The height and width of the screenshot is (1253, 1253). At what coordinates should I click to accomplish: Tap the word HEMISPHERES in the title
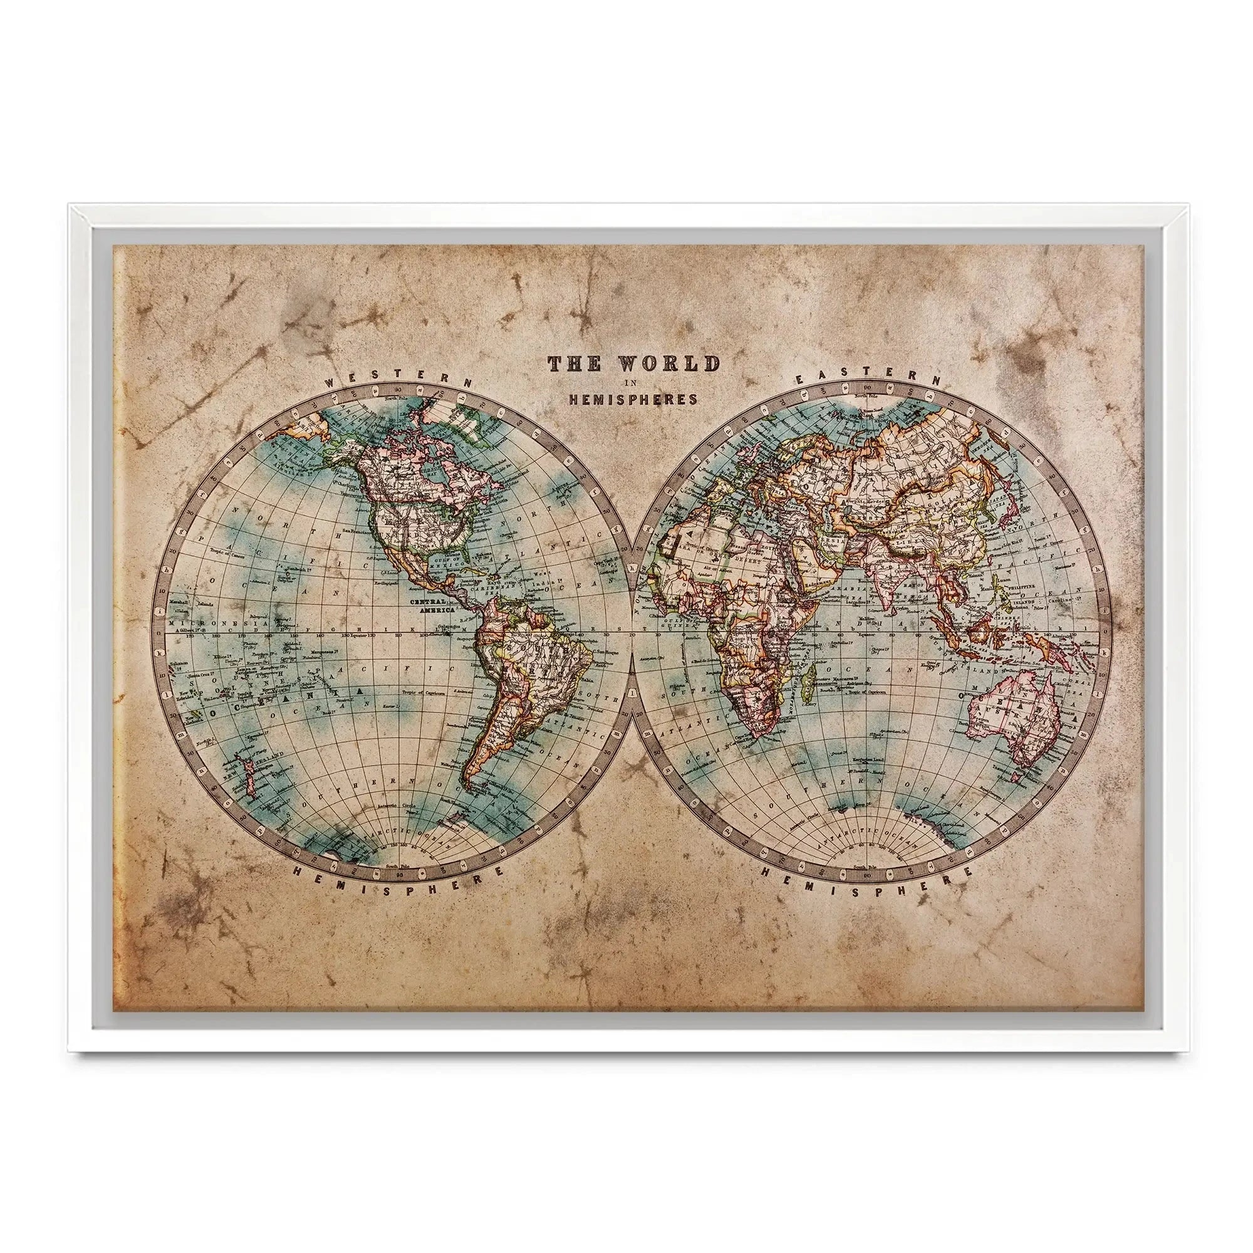(x=633, y=400)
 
